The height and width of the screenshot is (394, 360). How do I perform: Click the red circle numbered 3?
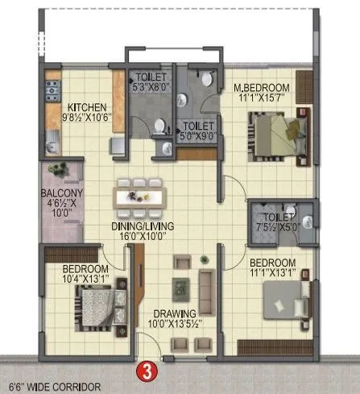pos(147,371)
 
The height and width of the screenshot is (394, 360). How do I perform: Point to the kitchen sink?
pos(52,146)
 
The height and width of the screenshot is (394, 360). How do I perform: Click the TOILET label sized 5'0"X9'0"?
pos(198,126)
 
